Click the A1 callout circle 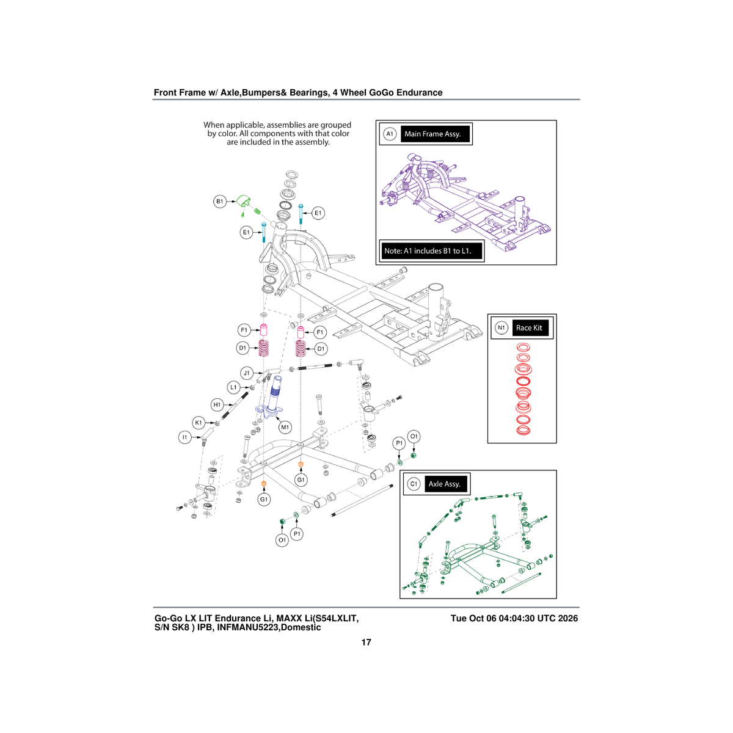[390, 134]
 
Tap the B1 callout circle [219, 201]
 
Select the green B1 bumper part [243, 200]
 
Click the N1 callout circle [501, 327]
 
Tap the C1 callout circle [414, 484]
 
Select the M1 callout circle [285, 427]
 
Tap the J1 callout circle [247, 373]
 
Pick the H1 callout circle [217, 405]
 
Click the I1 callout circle [185, 437]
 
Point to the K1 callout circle [198, 422]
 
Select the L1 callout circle [233, 387]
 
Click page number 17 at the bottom [366, 642]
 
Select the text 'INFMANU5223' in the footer [249, 627]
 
